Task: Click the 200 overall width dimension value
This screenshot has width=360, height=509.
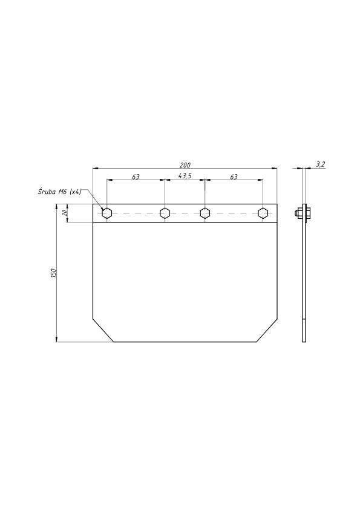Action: (185, 165)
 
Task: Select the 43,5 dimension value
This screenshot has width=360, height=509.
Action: (185, 176)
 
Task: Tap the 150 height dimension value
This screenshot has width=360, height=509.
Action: (54, 273)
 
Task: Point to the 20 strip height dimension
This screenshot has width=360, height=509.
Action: (64, 213)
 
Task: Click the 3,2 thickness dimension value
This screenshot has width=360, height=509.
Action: (320, 164)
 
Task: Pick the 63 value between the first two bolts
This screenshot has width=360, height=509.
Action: (136, 177)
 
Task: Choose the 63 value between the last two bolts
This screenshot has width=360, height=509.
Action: (234, 177)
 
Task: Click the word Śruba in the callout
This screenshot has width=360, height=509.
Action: (47, 192)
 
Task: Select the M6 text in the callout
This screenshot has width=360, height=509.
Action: (62, 192)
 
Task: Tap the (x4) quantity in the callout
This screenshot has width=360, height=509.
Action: (76, 192)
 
